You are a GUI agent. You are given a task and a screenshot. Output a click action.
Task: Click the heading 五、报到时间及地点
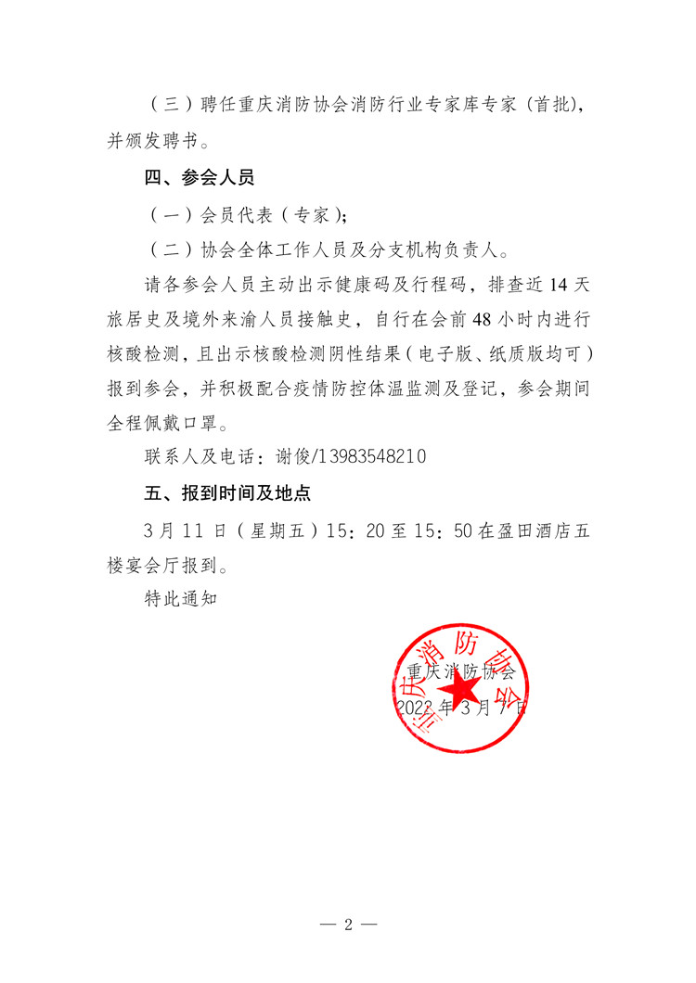tap(226, 493)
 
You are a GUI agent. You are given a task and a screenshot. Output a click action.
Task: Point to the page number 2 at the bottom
tap(348, 926)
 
